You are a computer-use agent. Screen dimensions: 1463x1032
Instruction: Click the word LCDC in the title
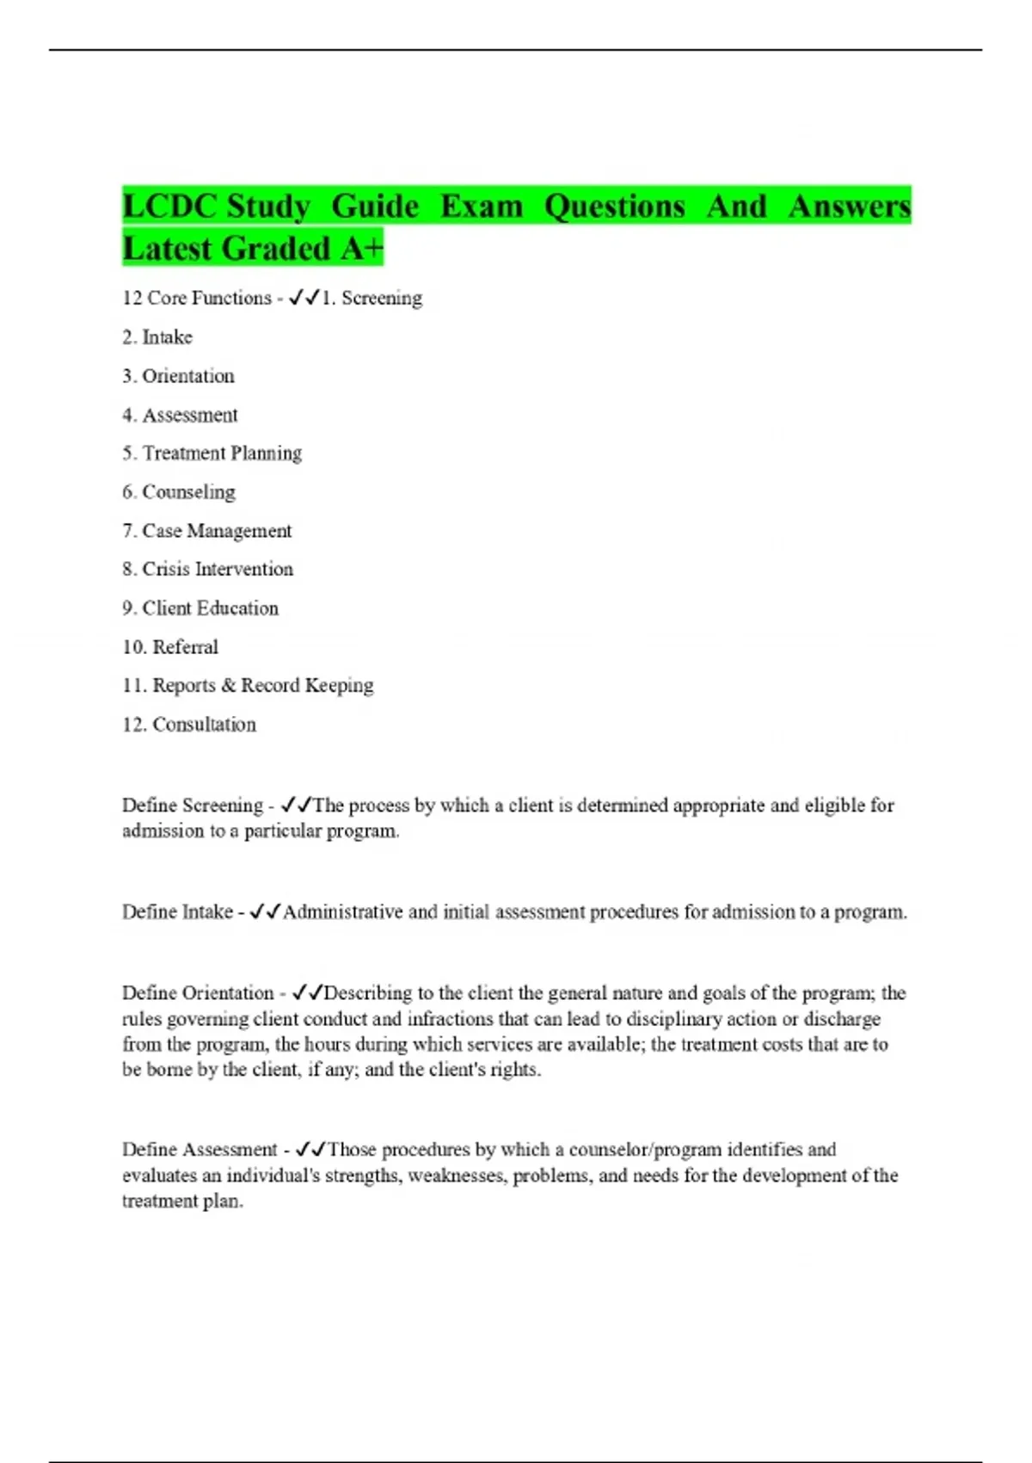169,207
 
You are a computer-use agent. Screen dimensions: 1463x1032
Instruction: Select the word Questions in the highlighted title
614,207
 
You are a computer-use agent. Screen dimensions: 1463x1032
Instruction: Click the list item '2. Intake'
157,337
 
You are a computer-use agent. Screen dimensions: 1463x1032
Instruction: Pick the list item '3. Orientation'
178,376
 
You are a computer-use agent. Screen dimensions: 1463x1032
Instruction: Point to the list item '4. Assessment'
180,415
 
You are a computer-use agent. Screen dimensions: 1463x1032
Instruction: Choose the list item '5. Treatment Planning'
212,454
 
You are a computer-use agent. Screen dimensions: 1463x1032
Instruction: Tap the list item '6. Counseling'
178,492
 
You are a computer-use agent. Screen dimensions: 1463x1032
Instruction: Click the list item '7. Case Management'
206,531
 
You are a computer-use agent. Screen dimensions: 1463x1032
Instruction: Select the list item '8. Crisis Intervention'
207,569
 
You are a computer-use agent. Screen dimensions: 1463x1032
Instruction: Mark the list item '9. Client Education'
200,608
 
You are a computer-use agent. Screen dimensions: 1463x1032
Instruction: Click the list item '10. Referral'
170,647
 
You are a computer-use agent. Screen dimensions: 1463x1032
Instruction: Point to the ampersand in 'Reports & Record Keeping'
228,686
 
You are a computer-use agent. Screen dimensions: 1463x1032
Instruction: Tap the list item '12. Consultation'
189,725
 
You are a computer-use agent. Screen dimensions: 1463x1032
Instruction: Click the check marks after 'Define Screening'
296,806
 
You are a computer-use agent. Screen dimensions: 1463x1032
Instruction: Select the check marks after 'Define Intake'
265,912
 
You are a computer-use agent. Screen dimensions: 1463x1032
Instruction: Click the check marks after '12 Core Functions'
304,298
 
